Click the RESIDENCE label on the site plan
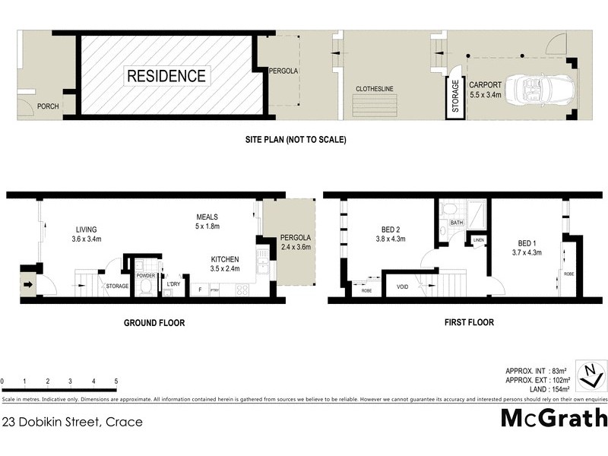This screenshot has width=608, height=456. [x=166, y=76]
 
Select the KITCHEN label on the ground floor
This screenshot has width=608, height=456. [x=226, y=259]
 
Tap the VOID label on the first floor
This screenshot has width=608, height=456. [x=401, y=287]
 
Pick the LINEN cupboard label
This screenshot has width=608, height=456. [x=478, y=240]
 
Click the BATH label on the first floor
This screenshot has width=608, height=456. [x=456, y=223]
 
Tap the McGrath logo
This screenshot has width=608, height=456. [x=554, y=418]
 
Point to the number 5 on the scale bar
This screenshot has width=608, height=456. [x=116, y=380]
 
